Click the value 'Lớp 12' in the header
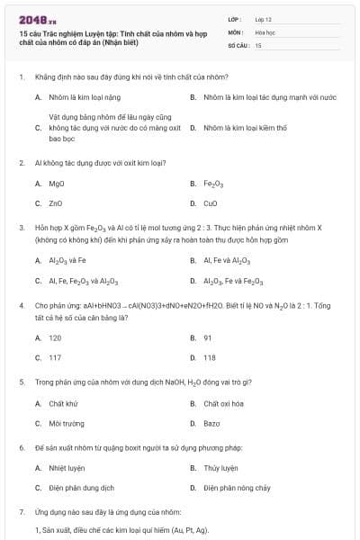click(263, 18)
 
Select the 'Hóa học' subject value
click(265, 31)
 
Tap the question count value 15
click(258, 44)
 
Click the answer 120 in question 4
click(55, 337)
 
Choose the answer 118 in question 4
click(210, 357)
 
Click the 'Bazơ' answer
click(211, 423)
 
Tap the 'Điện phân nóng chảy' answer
click(237, 488)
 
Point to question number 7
click(21, 511)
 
